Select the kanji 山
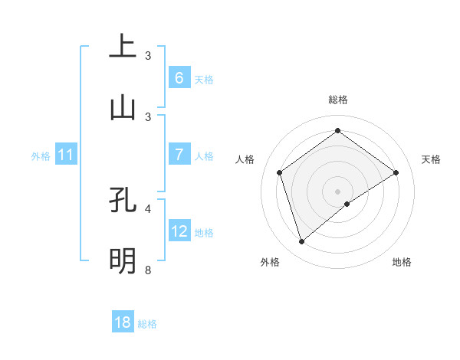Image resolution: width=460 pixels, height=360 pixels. click(x=123, y=107)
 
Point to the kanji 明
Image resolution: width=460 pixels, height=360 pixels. click(x=123, y=260)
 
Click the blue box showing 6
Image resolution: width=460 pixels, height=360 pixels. click(x=179, y=77)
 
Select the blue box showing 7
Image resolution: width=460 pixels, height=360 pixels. click(x=179, y=155)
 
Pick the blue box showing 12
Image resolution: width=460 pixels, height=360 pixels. click(x=179, y=231)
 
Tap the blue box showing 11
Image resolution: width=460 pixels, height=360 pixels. click(x=66, y=155)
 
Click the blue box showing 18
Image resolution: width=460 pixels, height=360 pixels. click(x=123, y=322)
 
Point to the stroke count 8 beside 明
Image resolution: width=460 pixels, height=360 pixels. click(x=147, y=270)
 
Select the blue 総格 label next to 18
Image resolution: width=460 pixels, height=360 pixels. click(x=147, y=324)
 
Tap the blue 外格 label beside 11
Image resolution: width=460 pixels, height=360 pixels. click(x=41, y=156)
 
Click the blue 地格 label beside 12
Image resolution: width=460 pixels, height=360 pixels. click(x=204, y=232)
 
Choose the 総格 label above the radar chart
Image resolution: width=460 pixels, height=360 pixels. click(x=337, y=100)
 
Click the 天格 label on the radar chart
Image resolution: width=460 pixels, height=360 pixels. click(x=431, y=159)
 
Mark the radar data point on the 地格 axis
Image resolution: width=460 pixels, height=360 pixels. click(x=347, y=204)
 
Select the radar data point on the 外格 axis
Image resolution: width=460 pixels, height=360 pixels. click(x=301, y=242)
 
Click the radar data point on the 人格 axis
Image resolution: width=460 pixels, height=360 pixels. click(x=279, y=172)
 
